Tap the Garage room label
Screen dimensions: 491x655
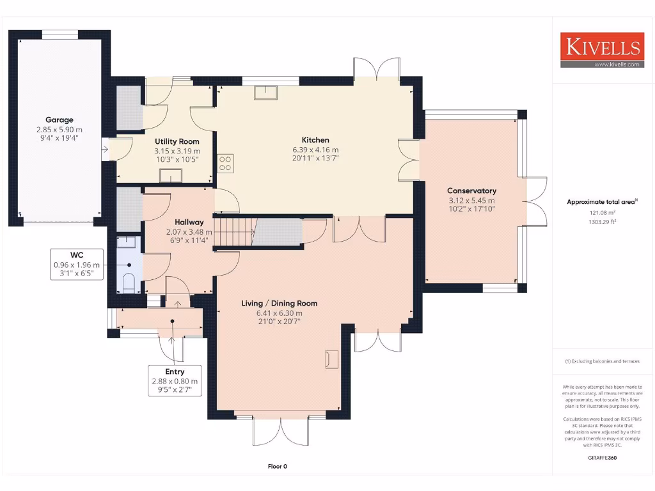(59, 120)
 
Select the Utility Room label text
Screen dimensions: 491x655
(177, 141)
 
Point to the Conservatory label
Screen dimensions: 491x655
(471, 191)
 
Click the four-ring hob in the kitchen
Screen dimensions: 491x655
(225, 163)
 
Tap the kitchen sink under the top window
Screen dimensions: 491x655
(265, 93)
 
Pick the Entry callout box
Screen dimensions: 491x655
(175, 381)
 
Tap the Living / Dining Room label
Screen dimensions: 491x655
(279, 303)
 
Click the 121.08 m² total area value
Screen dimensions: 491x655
(601, 212)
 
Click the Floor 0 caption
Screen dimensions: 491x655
(277, 466)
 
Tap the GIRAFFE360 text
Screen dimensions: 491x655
(602, 457)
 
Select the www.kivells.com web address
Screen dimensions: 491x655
(617, 64)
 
